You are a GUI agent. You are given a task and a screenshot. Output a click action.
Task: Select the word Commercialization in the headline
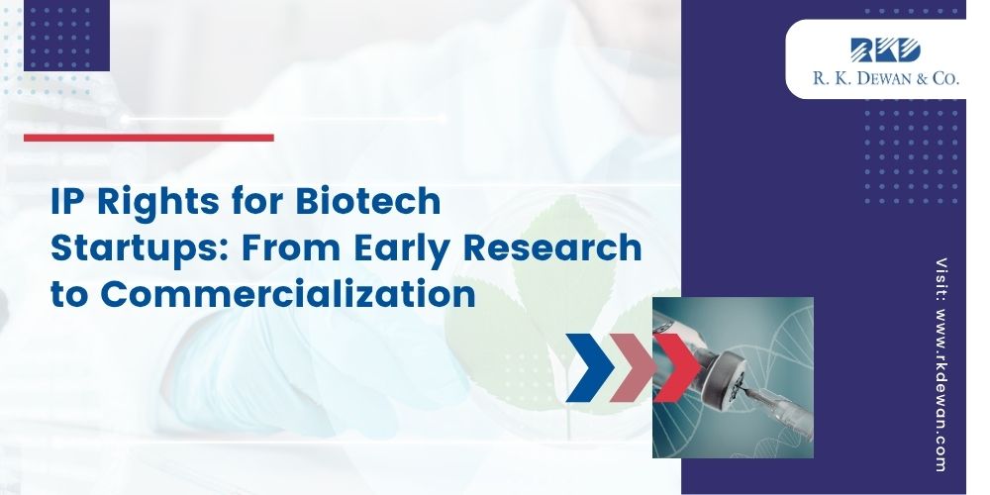(x=287, y=294)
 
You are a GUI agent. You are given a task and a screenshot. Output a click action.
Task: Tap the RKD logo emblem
(x=885, y=49)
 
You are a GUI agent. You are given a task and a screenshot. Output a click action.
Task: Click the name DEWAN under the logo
(x=890, y=78)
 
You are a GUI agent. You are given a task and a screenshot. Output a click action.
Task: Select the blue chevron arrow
(x=590, y=367)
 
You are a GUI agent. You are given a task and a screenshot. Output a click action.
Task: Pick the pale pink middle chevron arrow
(x=634, y=367)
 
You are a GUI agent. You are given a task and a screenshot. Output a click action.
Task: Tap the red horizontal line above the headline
(x=149, y=138)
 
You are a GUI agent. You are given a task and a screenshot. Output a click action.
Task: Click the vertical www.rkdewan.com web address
(x=941, y=390)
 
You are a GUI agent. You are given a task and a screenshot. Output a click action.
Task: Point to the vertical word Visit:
(x=941, y=278)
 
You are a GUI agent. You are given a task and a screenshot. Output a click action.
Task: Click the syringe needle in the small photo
(x=755, y=394)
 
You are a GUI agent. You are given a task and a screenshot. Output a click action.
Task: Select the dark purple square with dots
(x=67, y=36)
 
